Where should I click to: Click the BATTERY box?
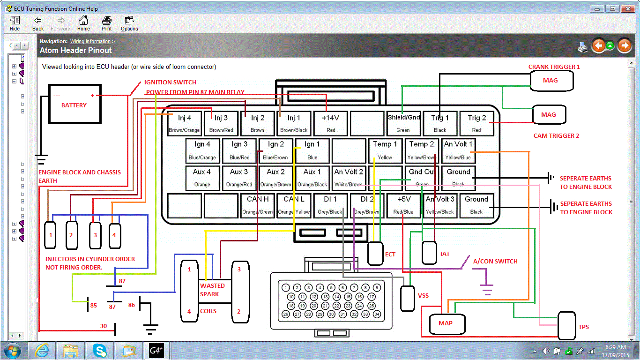75,104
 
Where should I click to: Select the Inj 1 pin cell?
294,123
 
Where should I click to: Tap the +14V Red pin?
331,123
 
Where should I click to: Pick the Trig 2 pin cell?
477,123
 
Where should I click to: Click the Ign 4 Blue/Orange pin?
202,150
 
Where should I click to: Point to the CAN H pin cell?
257,205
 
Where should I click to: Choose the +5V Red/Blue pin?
404,205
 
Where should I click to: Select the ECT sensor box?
375,253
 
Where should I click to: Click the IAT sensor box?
429,253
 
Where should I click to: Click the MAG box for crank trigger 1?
551,81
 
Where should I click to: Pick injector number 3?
95,234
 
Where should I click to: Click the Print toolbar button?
107,23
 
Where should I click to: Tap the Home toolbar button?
83,23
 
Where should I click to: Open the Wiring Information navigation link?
90,42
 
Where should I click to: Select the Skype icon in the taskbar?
99,350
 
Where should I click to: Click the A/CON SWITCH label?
495,261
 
